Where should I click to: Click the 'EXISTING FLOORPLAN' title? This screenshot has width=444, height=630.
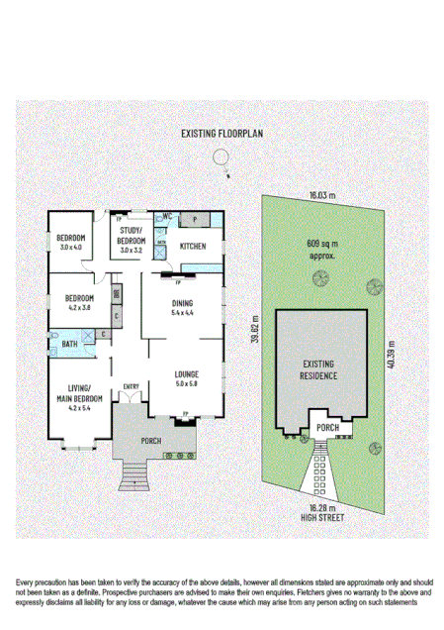[222, 132]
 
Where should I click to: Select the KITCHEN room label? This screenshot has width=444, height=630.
[193, 246]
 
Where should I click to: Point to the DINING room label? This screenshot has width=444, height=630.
[182, 304]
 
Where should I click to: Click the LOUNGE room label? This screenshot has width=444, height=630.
[187, 374]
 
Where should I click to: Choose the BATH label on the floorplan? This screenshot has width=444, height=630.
[69, 344]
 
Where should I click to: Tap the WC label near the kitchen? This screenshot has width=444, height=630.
[168, 215]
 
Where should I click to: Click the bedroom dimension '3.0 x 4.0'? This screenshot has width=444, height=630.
[71, 246]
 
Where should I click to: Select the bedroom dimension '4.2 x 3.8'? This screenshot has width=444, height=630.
[78, 307]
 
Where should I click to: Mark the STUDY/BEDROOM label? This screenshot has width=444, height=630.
[132, 236]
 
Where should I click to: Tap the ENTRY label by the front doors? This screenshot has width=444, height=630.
[131, 386]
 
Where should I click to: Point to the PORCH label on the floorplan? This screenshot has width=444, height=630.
[152, 442]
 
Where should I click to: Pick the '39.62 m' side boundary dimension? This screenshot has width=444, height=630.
[254, 326]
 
